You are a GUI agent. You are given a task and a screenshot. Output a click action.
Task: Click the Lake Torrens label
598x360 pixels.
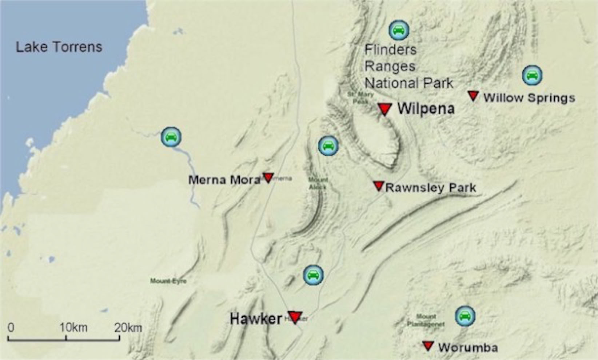coord(59,47)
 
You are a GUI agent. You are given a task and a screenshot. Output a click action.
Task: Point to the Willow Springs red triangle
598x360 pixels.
coord(473,96)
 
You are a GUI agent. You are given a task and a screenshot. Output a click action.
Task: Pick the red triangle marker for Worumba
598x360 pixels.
coord(428,346)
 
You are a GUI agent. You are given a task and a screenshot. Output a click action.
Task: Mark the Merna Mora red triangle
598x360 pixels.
coord(268,177)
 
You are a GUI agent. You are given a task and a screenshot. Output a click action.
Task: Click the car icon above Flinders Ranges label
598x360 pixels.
coord(399,30)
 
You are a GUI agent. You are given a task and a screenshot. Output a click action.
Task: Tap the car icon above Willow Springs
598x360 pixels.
coord(532,75)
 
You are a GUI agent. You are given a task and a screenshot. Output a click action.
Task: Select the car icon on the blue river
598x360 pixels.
coord(171,137)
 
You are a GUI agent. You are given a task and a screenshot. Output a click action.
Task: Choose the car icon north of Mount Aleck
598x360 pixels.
coord(328,146)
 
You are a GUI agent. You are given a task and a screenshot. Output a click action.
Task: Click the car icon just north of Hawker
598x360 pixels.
coord(313,275)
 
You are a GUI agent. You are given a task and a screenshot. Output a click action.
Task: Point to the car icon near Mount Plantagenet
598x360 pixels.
coord(465,316)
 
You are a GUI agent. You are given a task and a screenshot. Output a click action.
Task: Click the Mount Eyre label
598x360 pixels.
coord(168,281)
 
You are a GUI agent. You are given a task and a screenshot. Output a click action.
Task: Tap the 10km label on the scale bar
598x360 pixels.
coord(73,327)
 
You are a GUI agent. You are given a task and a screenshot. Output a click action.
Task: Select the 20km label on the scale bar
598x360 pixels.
coord(128,327)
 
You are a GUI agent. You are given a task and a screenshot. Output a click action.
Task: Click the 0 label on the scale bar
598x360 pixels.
coord(11,327)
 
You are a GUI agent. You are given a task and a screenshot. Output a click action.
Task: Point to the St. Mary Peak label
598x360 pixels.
coord(360,97)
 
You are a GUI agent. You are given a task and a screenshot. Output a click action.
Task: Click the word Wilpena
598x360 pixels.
coord(426,109)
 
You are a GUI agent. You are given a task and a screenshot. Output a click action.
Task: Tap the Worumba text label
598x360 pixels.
coord(468,348)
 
